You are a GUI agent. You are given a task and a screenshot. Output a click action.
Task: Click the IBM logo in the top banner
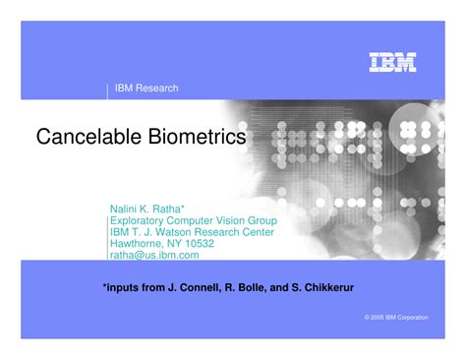(x=393, y=62)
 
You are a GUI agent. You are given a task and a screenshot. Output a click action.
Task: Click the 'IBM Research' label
(x=146, y=89)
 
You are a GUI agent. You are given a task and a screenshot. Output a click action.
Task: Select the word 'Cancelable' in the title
(x=87, y=137)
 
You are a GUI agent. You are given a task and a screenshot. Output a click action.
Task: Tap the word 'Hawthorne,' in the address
(x=136, y=243)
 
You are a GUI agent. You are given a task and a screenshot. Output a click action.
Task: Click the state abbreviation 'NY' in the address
(x=174, y=243)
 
